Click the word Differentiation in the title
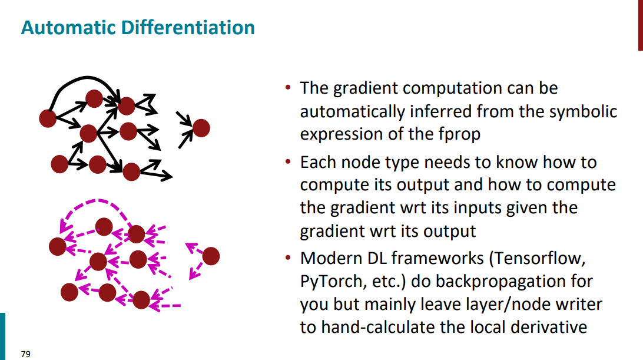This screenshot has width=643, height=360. click(188, 28)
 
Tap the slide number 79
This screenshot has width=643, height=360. click(25, 354)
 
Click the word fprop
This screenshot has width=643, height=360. click(459, 135)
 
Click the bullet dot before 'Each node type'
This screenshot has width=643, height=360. click(288, 162)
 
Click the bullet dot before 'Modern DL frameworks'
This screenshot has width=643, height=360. click(288, 258)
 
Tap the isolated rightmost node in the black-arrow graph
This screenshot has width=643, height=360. click(201, 128)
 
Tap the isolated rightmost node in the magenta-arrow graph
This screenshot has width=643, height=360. click(211, 256)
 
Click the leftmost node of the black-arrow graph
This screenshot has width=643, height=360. click(48, 118)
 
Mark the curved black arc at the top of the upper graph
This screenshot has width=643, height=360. click(86, 77)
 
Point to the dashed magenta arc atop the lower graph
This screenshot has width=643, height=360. click(97, 201)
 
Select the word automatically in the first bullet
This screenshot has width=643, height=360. click(352, 112)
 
